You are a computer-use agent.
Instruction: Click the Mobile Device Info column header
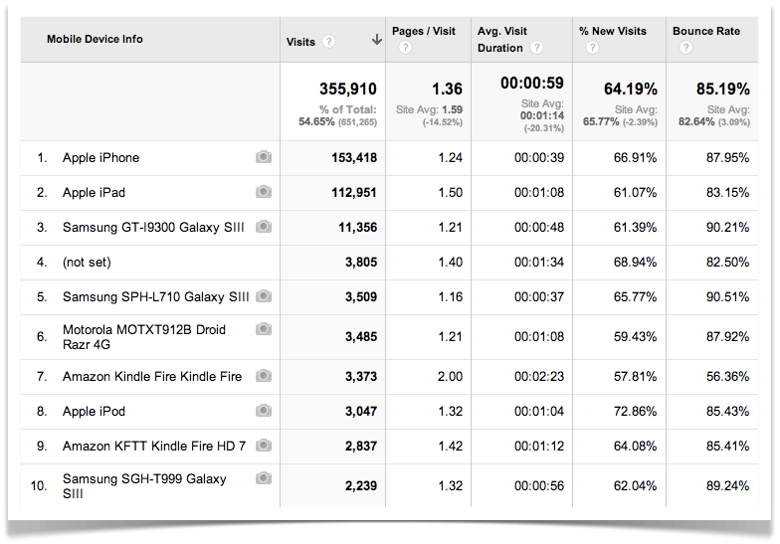click(95, 40)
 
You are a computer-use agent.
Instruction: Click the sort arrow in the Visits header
click(377, 41)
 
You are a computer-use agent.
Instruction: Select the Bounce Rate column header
click(706, 32)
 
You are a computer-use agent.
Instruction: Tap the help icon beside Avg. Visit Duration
click(536, 48)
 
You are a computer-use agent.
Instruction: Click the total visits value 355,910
click(348, 90)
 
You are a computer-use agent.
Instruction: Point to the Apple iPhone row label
click(100, 158)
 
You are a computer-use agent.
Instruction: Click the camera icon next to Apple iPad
click(264, 192)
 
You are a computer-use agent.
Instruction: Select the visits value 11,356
click(354, 227)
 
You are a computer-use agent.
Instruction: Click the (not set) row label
click(87, 262)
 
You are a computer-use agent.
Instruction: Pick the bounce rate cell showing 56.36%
click(725, 377)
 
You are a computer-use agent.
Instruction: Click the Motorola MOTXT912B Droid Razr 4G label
click(144, 336)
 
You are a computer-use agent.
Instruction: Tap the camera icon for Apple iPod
click(264, 411)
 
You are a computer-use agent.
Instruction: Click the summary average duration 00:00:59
click(532, 84)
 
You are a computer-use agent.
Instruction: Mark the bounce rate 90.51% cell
click(725, 296)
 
